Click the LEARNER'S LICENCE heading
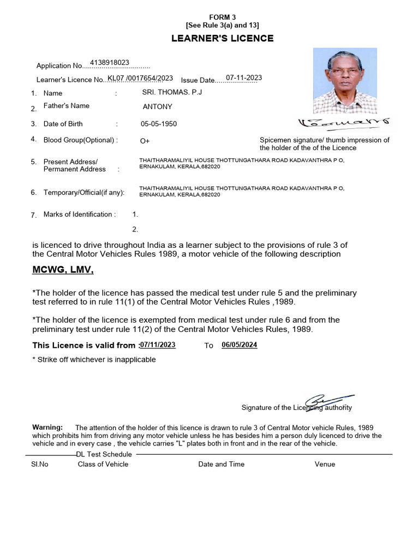coord(223,38)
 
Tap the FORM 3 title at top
coord(223,17)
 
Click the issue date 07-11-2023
coord(244,78)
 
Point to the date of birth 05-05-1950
coord(159,124)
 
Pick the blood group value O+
coord(145,141)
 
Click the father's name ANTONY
coord(157,107)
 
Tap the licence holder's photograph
coord(345,80)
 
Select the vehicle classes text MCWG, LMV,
coord(63,270)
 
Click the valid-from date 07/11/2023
coord(158,345)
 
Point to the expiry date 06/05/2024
coord(240,345)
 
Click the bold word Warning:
coord(48,427)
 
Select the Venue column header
coord(325,464)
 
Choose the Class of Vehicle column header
coord(103,464)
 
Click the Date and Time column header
coord(222,464)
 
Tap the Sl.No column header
coord(40,464)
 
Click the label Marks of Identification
coord(80,215)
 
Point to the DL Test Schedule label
coord(104,454)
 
